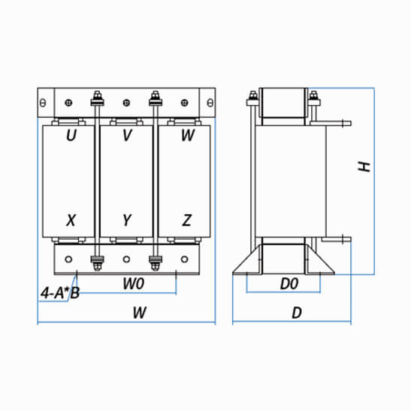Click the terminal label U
[x=71, y=135]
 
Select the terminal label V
[x=127, y=135]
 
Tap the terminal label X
[x=71, y=220]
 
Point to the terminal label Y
[x=127, y=220]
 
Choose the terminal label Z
[x=187, y=220]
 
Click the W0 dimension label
[x=134, y=283]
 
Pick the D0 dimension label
[x=289, y=284]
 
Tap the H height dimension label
[x=364, y=167]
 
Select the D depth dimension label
[x=297, y=313]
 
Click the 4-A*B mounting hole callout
[x=60, y=293]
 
